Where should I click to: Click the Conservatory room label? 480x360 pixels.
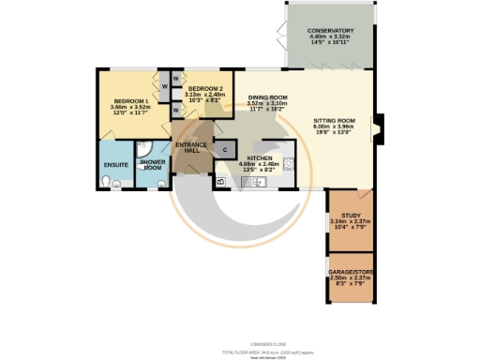click(x=331, y=31)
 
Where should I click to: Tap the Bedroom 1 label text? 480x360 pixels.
click(x=130, y=100)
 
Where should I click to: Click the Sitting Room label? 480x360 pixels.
click(x=333, y=121)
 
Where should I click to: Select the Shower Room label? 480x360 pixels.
click(x=152, y=165)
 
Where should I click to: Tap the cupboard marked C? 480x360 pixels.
click(x=225, y=148)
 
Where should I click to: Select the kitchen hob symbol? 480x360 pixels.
click(x=289, y=163)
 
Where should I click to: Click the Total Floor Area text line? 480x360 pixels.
click(x=240, y=327)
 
